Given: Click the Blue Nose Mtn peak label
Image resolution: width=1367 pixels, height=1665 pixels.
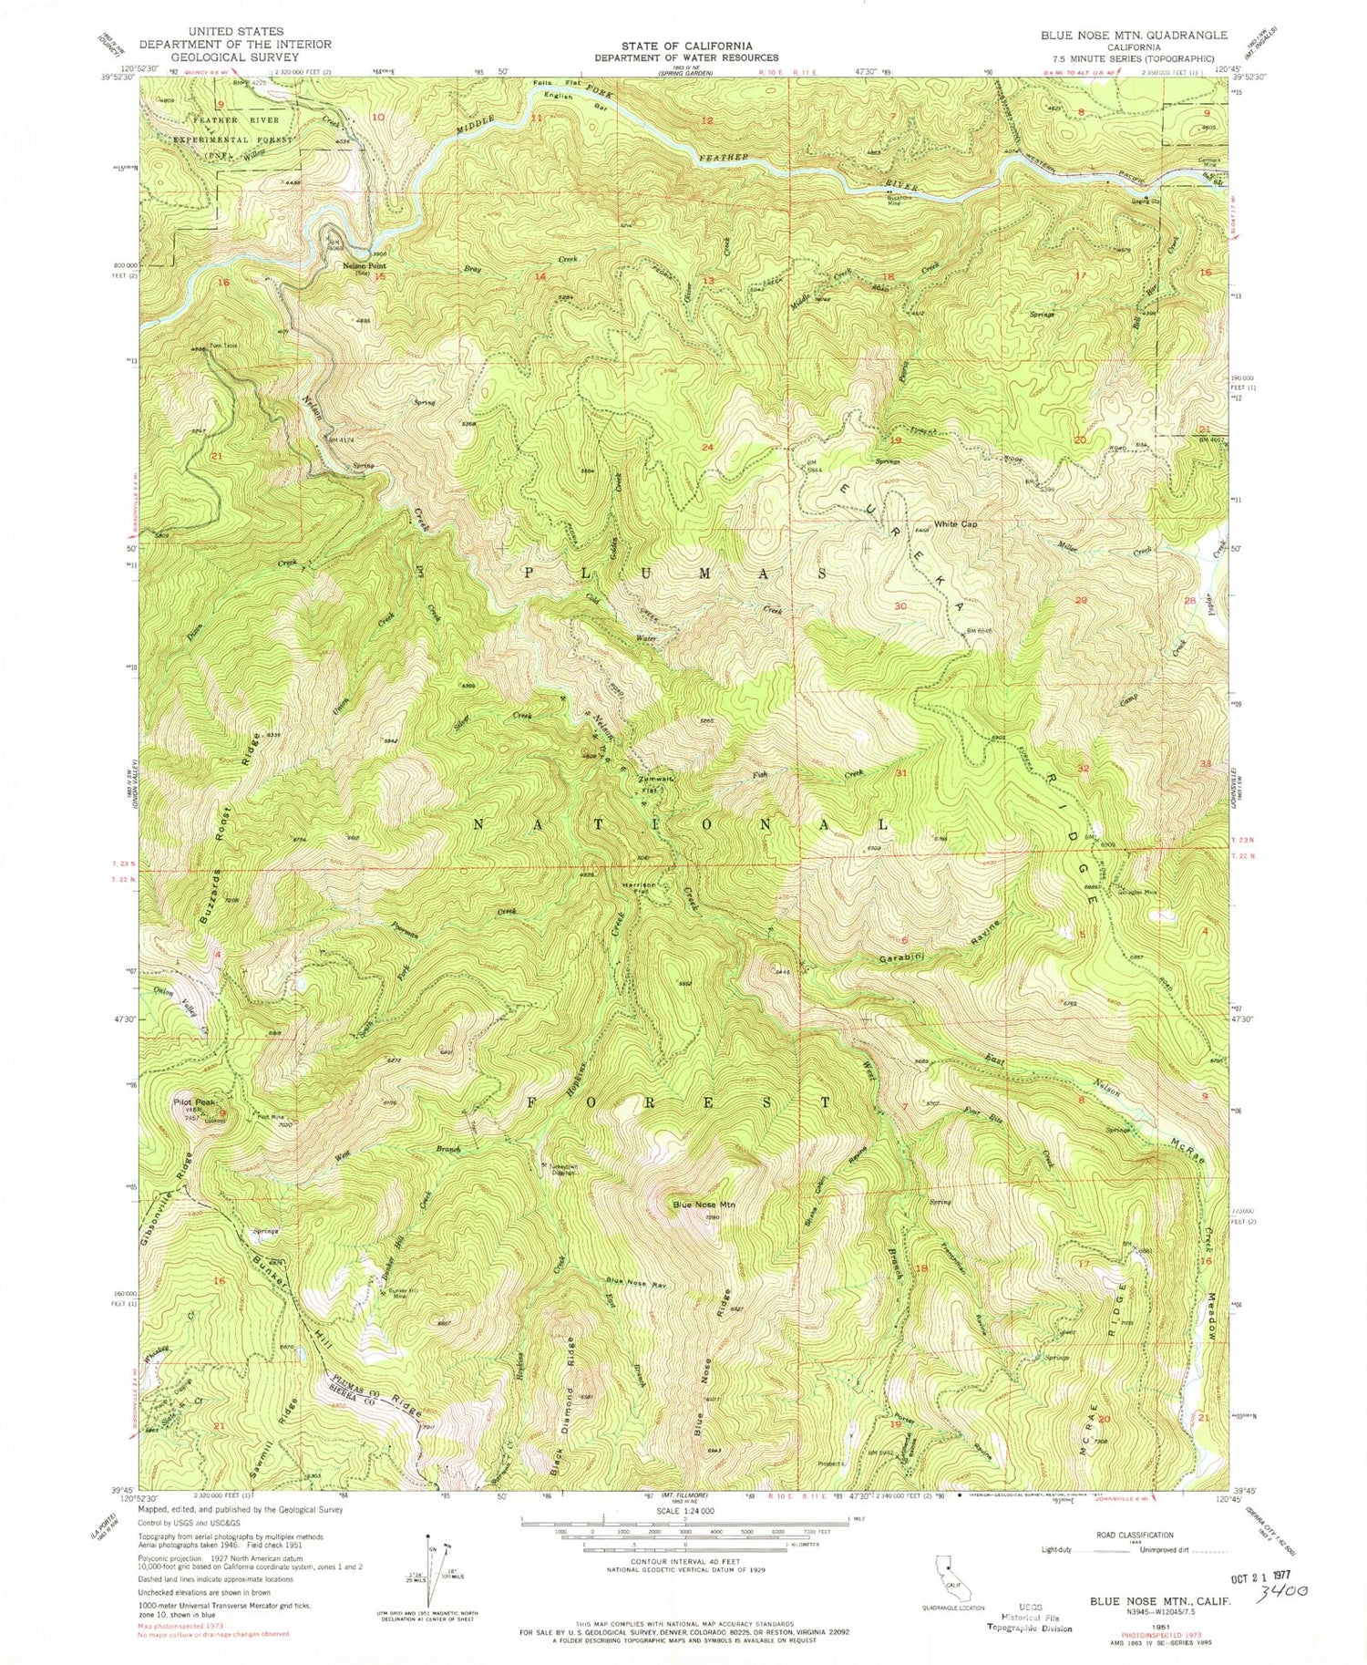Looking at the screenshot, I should (704, 1205).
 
